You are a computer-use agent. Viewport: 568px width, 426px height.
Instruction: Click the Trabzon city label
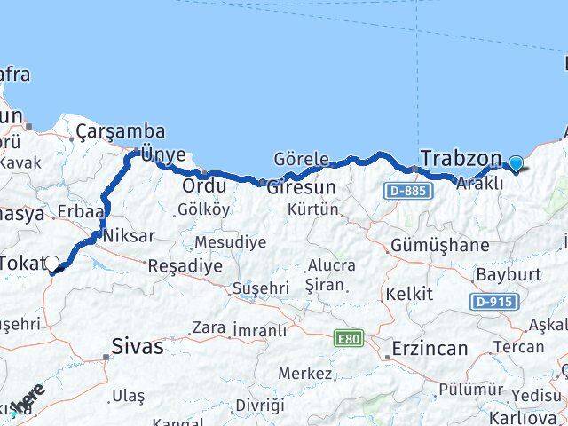[x=461, y=159]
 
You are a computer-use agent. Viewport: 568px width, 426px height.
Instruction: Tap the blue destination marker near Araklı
[x=516, y=163]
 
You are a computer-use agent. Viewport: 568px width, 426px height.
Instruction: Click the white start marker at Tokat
[x=51, y=264]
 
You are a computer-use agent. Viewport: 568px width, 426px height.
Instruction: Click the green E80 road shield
[x=347, y=339]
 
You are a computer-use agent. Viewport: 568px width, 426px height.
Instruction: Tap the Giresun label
[x=303, y=187]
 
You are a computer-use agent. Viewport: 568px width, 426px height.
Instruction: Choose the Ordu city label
[x=204, y=186]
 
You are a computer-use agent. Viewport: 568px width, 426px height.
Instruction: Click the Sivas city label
[x=138, y=346]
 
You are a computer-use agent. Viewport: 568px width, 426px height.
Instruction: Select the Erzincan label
[x=430, y=348]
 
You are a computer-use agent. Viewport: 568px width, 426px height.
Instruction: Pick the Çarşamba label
[x=121, y=131]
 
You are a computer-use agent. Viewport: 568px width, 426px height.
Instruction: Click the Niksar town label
[x=129, y=237]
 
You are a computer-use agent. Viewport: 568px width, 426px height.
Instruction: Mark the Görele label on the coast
[x=302, y=158]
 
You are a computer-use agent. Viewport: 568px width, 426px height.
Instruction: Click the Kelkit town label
[x=408, y=294]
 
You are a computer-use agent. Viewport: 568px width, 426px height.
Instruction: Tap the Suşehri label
[x=260, y=288]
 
